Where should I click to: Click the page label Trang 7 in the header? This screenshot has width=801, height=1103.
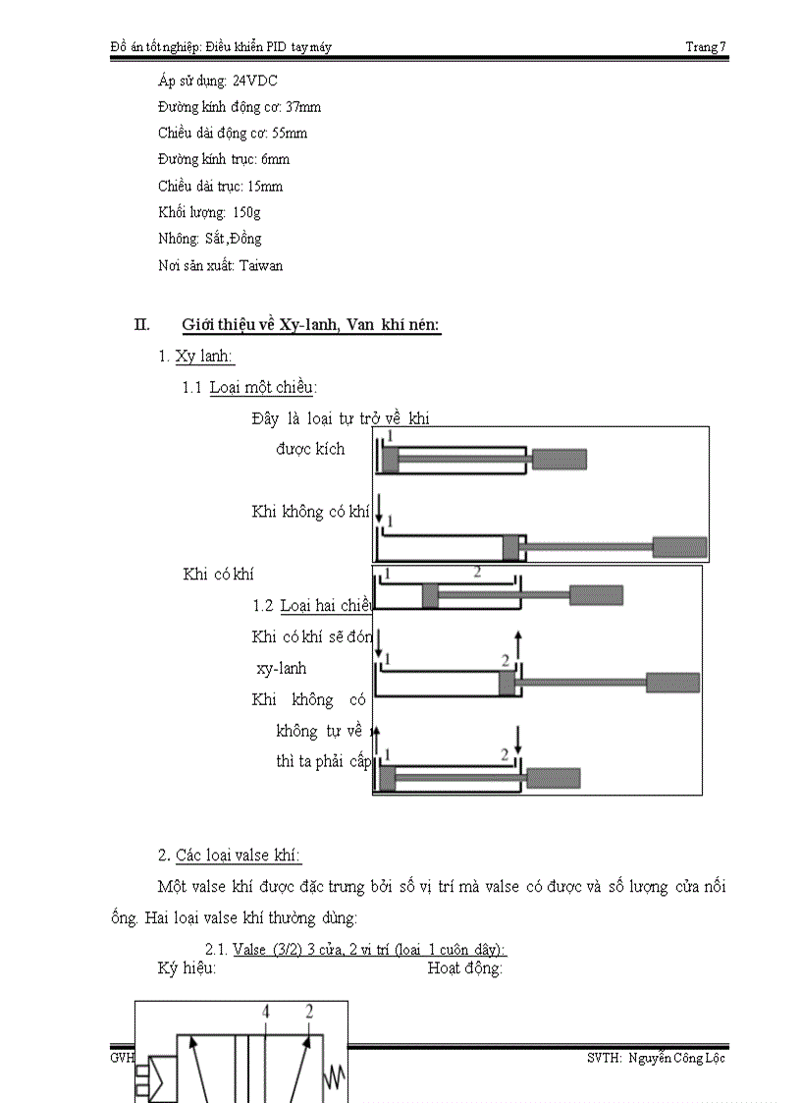[706, 46]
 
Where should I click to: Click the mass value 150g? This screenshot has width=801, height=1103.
[246, 212]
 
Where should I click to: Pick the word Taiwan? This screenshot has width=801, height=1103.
[262, 265]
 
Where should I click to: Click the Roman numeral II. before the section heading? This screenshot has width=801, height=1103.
[141, 325]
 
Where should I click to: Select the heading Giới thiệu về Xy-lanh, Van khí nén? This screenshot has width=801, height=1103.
[311, 326]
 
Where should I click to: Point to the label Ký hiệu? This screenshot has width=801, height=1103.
[187, 968]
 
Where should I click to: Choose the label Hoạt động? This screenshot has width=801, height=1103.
[465, 968]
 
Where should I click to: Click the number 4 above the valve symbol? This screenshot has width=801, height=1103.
[265, 1011]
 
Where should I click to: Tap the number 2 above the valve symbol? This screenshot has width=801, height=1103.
[309, 1011]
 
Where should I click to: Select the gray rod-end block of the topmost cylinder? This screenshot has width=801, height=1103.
[560, 459]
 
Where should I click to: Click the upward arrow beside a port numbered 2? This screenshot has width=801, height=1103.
[518, 642]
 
